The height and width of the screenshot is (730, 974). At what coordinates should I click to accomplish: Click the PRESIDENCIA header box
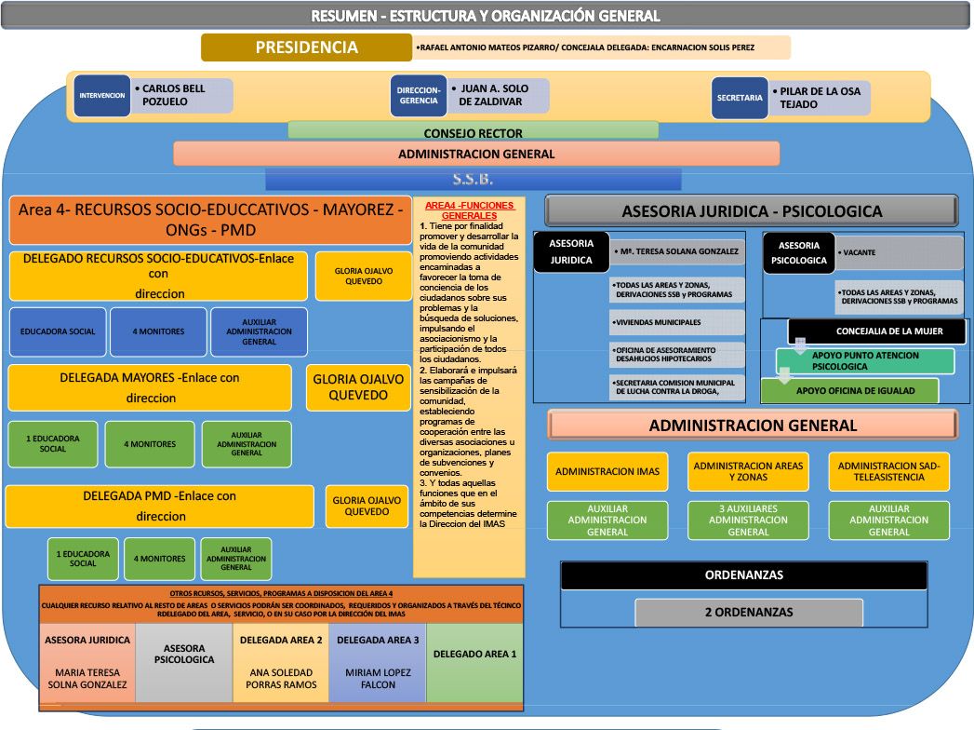pos(306,47)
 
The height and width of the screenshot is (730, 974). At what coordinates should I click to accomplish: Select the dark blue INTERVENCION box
pos(101,95)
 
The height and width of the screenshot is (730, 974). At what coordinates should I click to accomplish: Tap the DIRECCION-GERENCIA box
pos(419,96)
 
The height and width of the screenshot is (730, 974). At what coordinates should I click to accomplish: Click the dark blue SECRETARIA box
pos(740,97)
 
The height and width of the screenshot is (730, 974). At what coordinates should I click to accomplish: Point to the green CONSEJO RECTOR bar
pos(473,132)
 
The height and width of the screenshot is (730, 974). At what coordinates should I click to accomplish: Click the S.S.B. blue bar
pos(473,179)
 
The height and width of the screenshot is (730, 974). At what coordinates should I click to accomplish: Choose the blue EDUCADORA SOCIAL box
pos(58,331)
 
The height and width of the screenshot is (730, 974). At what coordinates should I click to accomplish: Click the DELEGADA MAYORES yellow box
pos(150,387)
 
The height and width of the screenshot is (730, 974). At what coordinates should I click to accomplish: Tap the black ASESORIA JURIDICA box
pos(571,252)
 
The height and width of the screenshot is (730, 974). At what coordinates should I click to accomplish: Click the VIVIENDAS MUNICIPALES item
pos(676,322)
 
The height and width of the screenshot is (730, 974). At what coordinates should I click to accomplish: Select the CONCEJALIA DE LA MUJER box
pos(878,331)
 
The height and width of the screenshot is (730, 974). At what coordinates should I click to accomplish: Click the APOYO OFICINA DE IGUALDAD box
pos(849,390)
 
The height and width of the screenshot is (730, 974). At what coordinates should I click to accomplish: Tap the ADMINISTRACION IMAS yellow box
pos(607,472)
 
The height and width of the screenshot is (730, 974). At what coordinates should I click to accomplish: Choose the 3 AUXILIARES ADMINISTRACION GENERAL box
pos(748,520)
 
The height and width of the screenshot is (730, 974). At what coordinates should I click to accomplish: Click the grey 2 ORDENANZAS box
pos(748,612)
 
